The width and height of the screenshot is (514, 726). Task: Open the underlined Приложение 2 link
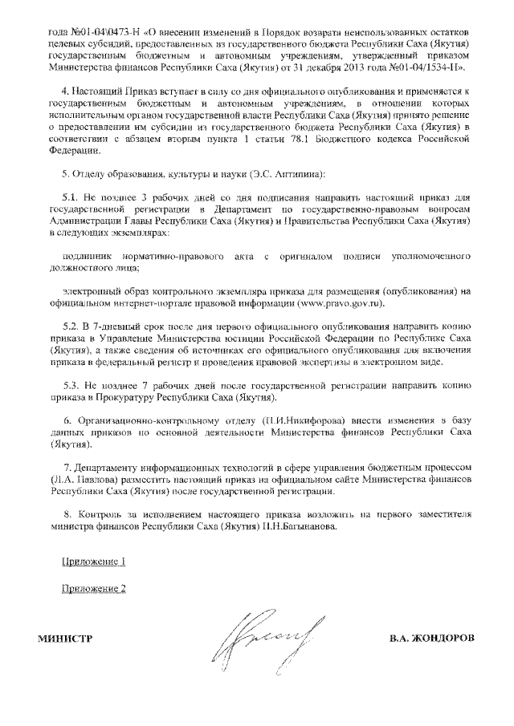pos(94,590)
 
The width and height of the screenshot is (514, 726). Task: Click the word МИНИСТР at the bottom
pos(65,639)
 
